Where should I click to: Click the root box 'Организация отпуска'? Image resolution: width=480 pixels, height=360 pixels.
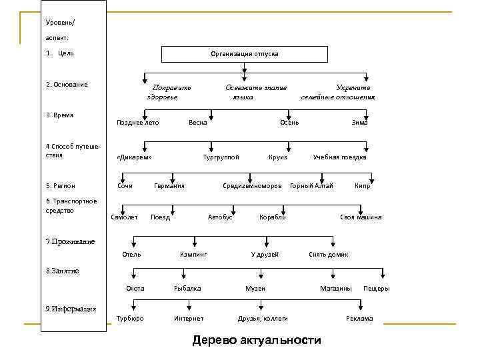[245, 54]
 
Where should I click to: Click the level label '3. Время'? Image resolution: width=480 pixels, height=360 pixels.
[59, 115]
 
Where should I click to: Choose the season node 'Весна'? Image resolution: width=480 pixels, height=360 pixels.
[198, 122]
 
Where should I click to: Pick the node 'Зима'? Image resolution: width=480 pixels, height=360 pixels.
[360, 122]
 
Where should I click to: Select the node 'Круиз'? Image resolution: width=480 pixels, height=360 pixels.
[277, 157]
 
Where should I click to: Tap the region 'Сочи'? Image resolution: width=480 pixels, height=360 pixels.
[125, 185]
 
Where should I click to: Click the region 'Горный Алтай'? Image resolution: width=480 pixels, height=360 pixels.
[311, 185]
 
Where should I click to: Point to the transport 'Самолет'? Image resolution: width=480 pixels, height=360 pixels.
[124, 217]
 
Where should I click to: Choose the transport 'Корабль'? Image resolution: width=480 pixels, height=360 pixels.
[272, 217]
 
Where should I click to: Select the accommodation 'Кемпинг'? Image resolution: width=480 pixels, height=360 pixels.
[193, 255]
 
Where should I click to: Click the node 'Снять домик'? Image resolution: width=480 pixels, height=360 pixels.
[328, 255]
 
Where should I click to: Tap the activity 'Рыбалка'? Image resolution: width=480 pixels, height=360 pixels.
[187, 288]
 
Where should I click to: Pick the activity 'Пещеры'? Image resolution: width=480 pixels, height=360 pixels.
[377, 288]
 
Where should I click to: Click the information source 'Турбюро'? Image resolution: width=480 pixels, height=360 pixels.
[130, 319]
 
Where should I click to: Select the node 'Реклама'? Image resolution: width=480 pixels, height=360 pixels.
[359, 319]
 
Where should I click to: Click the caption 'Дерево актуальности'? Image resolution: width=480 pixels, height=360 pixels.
[257, 341]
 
